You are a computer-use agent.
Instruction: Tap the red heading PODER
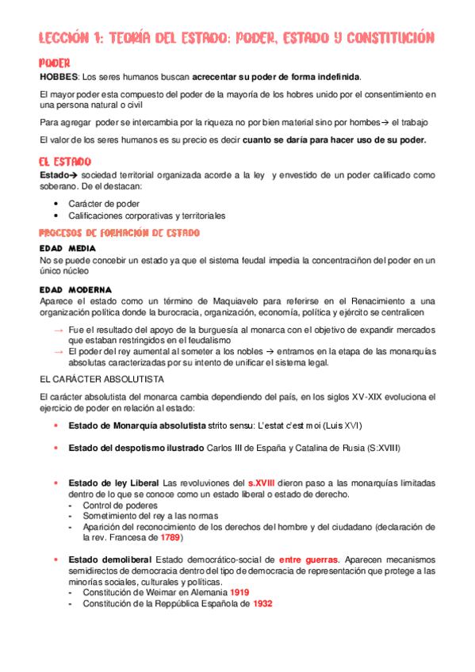(55, 63)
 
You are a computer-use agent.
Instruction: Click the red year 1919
(240, 592)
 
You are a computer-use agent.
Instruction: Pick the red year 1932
(263, 603)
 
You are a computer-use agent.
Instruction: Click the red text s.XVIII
(262, 483)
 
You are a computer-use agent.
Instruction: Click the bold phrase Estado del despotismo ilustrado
(136, 449)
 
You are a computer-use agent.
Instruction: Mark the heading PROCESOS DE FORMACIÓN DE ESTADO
(119, 232)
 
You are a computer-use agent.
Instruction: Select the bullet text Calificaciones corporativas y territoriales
(147, 216)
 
